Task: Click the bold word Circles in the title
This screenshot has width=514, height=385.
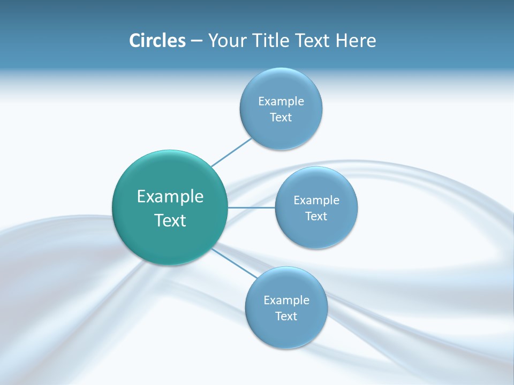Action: click(157, 41)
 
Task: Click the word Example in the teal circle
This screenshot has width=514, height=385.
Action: click(170, 197)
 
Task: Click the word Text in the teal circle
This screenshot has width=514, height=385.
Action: click(170, 220)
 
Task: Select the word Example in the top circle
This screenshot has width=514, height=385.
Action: click(281, 102)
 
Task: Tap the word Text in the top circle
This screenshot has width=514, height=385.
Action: click(281, 118)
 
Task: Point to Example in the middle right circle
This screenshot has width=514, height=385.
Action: click(316, 201)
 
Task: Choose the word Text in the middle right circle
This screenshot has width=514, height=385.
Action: click(316, 217)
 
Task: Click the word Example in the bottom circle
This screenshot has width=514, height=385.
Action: click(286, 301)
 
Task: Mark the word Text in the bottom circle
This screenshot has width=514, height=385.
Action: click(286, 317)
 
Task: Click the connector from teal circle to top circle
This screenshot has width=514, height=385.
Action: click(231, 152)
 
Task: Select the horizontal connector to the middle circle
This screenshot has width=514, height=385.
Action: click(252, 207)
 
